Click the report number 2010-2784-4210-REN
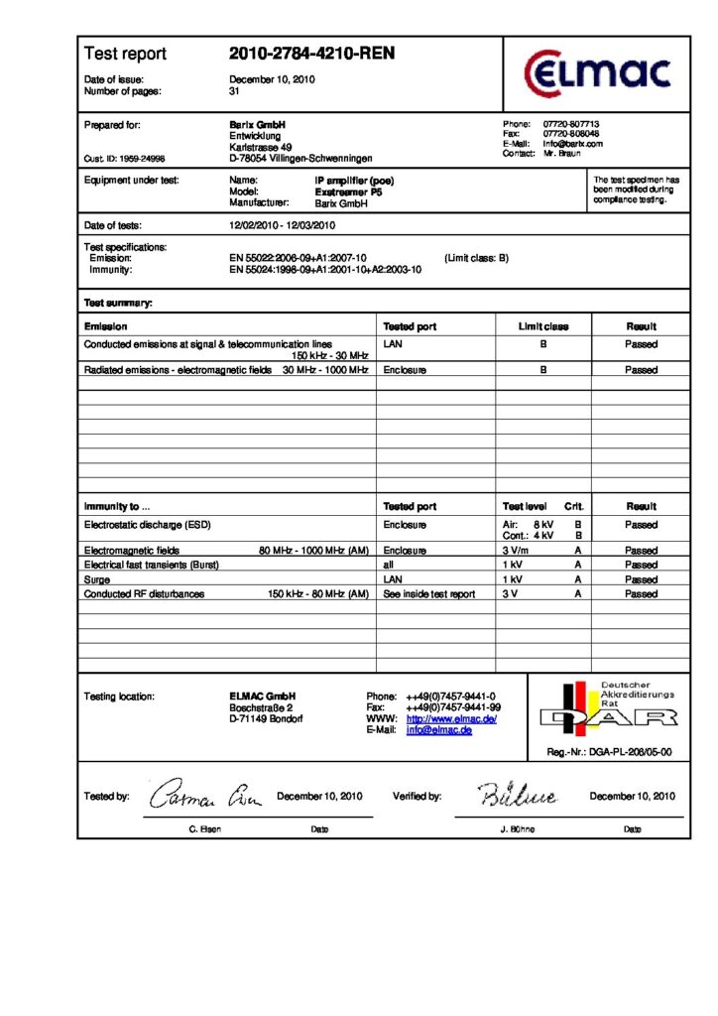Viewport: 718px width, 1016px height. [x=311, y=54]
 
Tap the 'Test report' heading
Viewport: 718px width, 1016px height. [x=125, y=54]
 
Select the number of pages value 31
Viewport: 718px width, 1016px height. [x=235, y=91]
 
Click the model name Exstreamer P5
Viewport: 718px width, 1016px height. [x=348, y=191]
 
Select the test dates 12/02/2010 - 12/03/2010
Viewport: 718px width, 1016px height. [x=283, y=225]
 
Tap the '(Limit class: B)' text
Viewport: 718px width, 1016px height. [x=476, y=258]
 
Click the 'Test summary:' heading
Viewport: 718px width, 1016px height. [x=118, y=303]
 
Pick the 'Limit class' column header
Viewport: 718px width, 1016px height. [x=543, y=325]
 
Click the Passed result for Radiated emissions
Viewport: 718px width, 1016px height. [x=641, y=369]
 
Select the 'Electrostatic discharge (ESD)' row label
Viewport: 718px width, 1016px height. [x=148, y=524]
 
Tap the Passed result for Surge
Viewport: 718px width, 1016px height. [x=641, y=579]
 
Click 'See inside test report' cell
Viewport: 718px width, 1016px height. [x=428, y=594]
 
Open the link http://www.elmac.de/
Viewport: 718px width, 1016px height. [x=451, y=718]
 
